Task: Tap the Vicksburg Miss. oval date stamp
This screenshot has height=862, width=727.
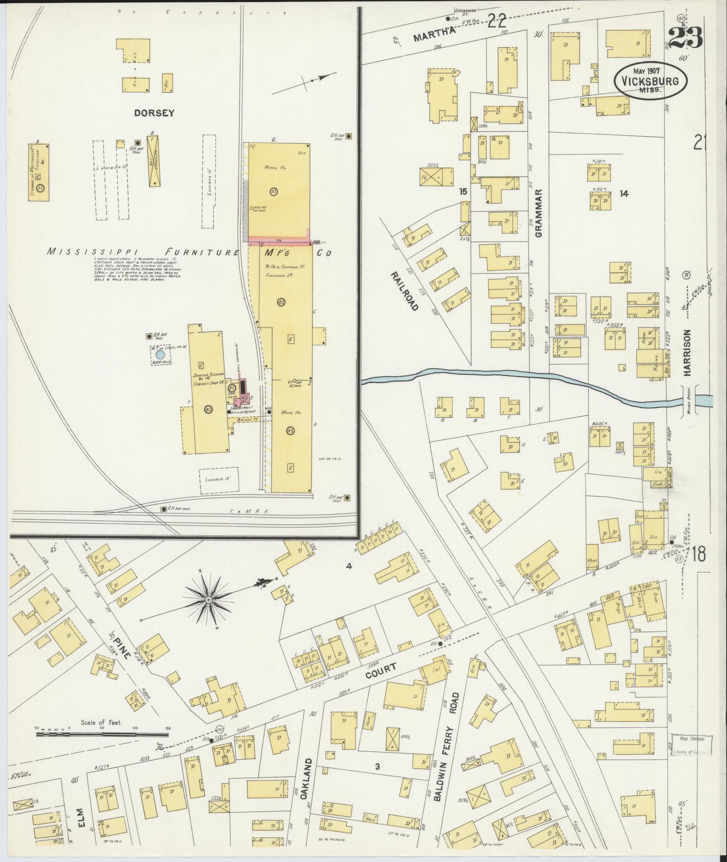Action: pos(650,80)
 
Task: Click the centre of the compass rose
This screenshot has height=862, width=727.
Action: pos(209,601)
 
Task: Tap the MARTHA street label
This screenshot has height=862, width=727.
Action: pos(433,34)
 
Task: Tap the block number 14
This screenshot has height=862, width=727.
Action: pos(624,194)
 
